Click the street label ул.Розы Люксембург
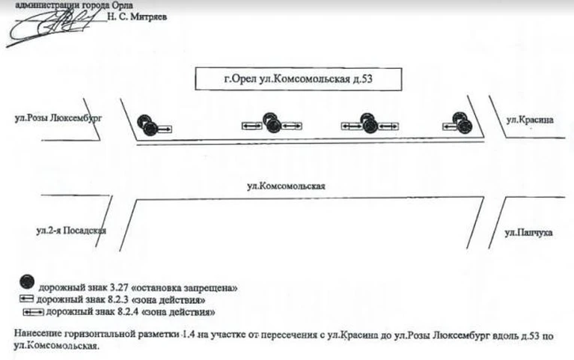click(58, 118)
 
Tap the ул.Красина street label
click(530, 120)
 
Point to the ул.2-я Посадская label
click(71, 231)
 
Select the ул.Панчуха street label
click(528, 233)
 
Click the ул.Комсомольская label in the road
click(286, 186)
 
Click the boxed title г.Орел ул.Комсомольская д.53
click(299, 79)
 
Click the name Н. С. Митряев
click(137, 17)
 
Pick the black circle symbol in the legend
click(27, 282)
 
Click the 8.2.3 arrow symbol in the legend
click(26, 299)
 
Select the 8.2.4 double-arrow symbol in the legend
click(34, 312)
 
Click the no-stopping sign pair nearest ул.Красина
click(462, 122)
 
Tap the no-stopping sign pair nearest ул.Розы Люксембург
click(147, 125)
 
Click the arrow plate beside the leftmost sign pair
click(165, 129)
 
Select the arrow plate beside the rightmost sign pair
click(450, 126)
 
